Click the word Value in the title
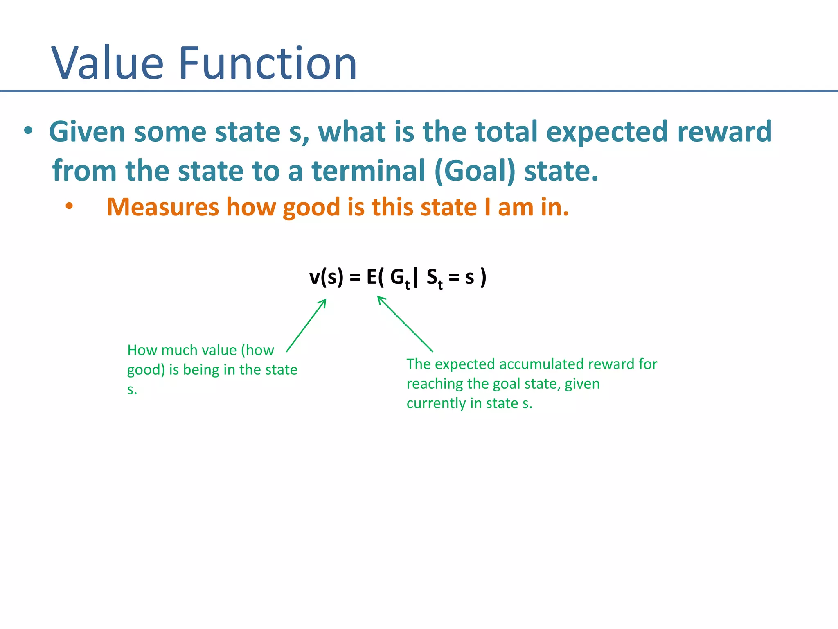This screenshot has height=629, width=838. pyautogui.click(x=108, y=63)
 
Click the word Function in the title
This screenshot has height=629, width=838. pyautogui.click(x=268, y=63)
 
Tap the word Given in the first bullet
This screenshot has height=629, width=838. pyautogui.click(x=87, y=132)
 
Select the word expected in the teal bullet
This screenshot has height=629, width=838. pyautogui.click(x=607, y=132)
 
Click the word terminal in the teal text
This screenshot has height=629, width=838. pyautogui.click(x=369, y=171)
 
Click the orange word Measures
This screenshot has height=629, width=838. pyautogui.click(x=162, y=207)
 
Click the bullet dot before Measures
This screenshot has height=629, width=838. pyautogui.click(x=69, y=206)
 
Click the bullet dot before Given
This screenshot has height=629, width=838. pyautogui.click(x=28, y=131)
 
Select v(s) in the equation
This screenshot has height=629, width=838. pyautogui.click(x=326, y=277)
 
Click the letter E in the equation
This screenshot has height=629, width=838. pyautogui.click(x=372, y=277)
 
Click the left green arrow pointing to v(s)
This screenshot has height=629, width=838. pyautogui.click(x=306, y=325)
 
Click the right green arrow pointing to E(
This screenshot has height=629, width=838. pyautogui.click(x=405, y=324)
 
